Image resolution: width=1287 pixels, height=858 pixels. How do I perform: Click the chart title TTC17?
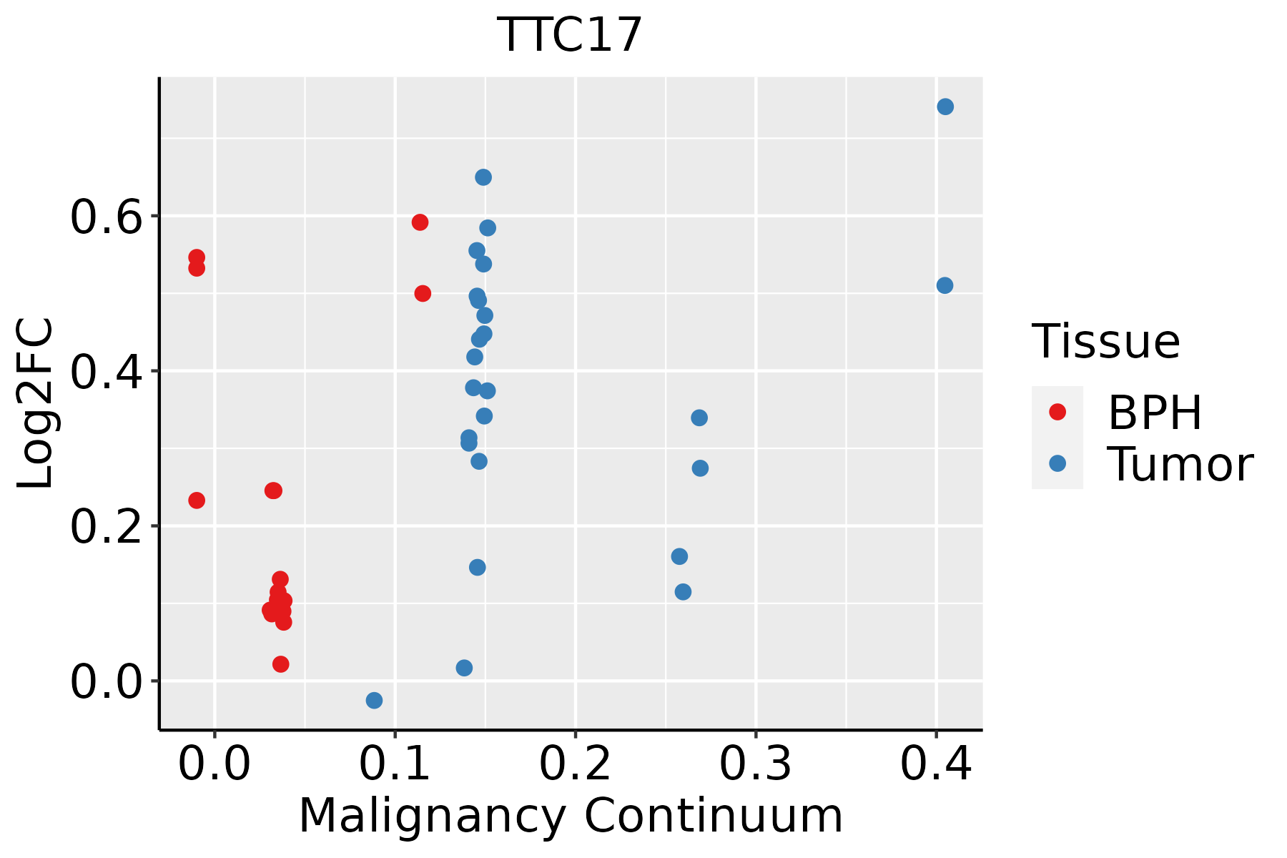tap(570, 35)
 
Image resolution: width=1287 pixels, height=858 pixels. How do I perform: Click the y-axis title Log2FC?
tap(36, 403)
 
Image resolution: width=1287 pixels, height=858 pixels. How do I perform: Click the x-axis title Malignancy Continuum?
tap(570, 816)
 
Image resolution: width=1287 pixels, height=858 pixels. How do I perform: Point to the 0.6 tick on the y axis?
tap(107, 217)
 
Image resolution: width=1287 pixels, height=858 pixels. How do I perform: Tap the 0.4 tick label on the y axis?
tap(107, 372)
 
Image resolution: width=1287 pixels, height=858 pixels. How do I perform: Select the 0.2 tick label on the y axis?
tap(107, 527)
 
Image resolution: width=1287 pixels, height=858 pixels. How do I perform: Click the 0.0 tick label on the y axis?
tap(107, 681)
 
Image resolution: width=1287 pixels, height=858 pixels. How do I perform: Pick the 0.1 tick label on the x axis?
tap(395, 764)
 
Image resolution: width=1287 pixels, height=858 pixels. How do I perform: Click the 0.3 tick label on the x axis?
tap(755, 764)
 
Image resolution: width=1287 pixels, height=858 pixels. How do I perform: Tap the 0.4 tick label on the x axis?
tap(935, 764)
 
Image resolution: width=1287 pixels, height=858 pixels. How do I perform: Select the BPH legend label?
tap(1155, 413)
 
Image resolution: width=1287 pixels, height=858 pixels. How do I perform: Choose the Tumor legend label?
tap(1180, 465)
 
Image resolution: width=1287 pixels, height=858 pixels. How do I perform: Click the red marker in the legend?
tap(1057, 412)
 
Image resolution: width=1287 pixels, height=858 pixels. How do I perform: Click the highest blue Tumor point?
tap(945, 107)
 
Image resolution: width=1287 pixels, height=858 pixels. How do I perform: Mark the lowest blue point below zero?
tap(374, 700)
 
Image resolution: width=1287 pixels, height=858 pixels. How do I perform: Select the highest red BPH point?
tap(420, 222)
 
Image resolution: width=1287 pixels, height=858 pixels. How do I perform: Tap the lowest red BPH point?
tap(281, 664)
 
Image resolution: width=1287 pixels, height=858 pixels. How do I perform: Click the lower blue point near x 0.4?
tap(945, 285)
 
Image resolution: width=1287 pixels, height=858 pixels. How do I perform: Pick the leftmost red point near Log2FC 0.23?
tap(197, 500)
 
